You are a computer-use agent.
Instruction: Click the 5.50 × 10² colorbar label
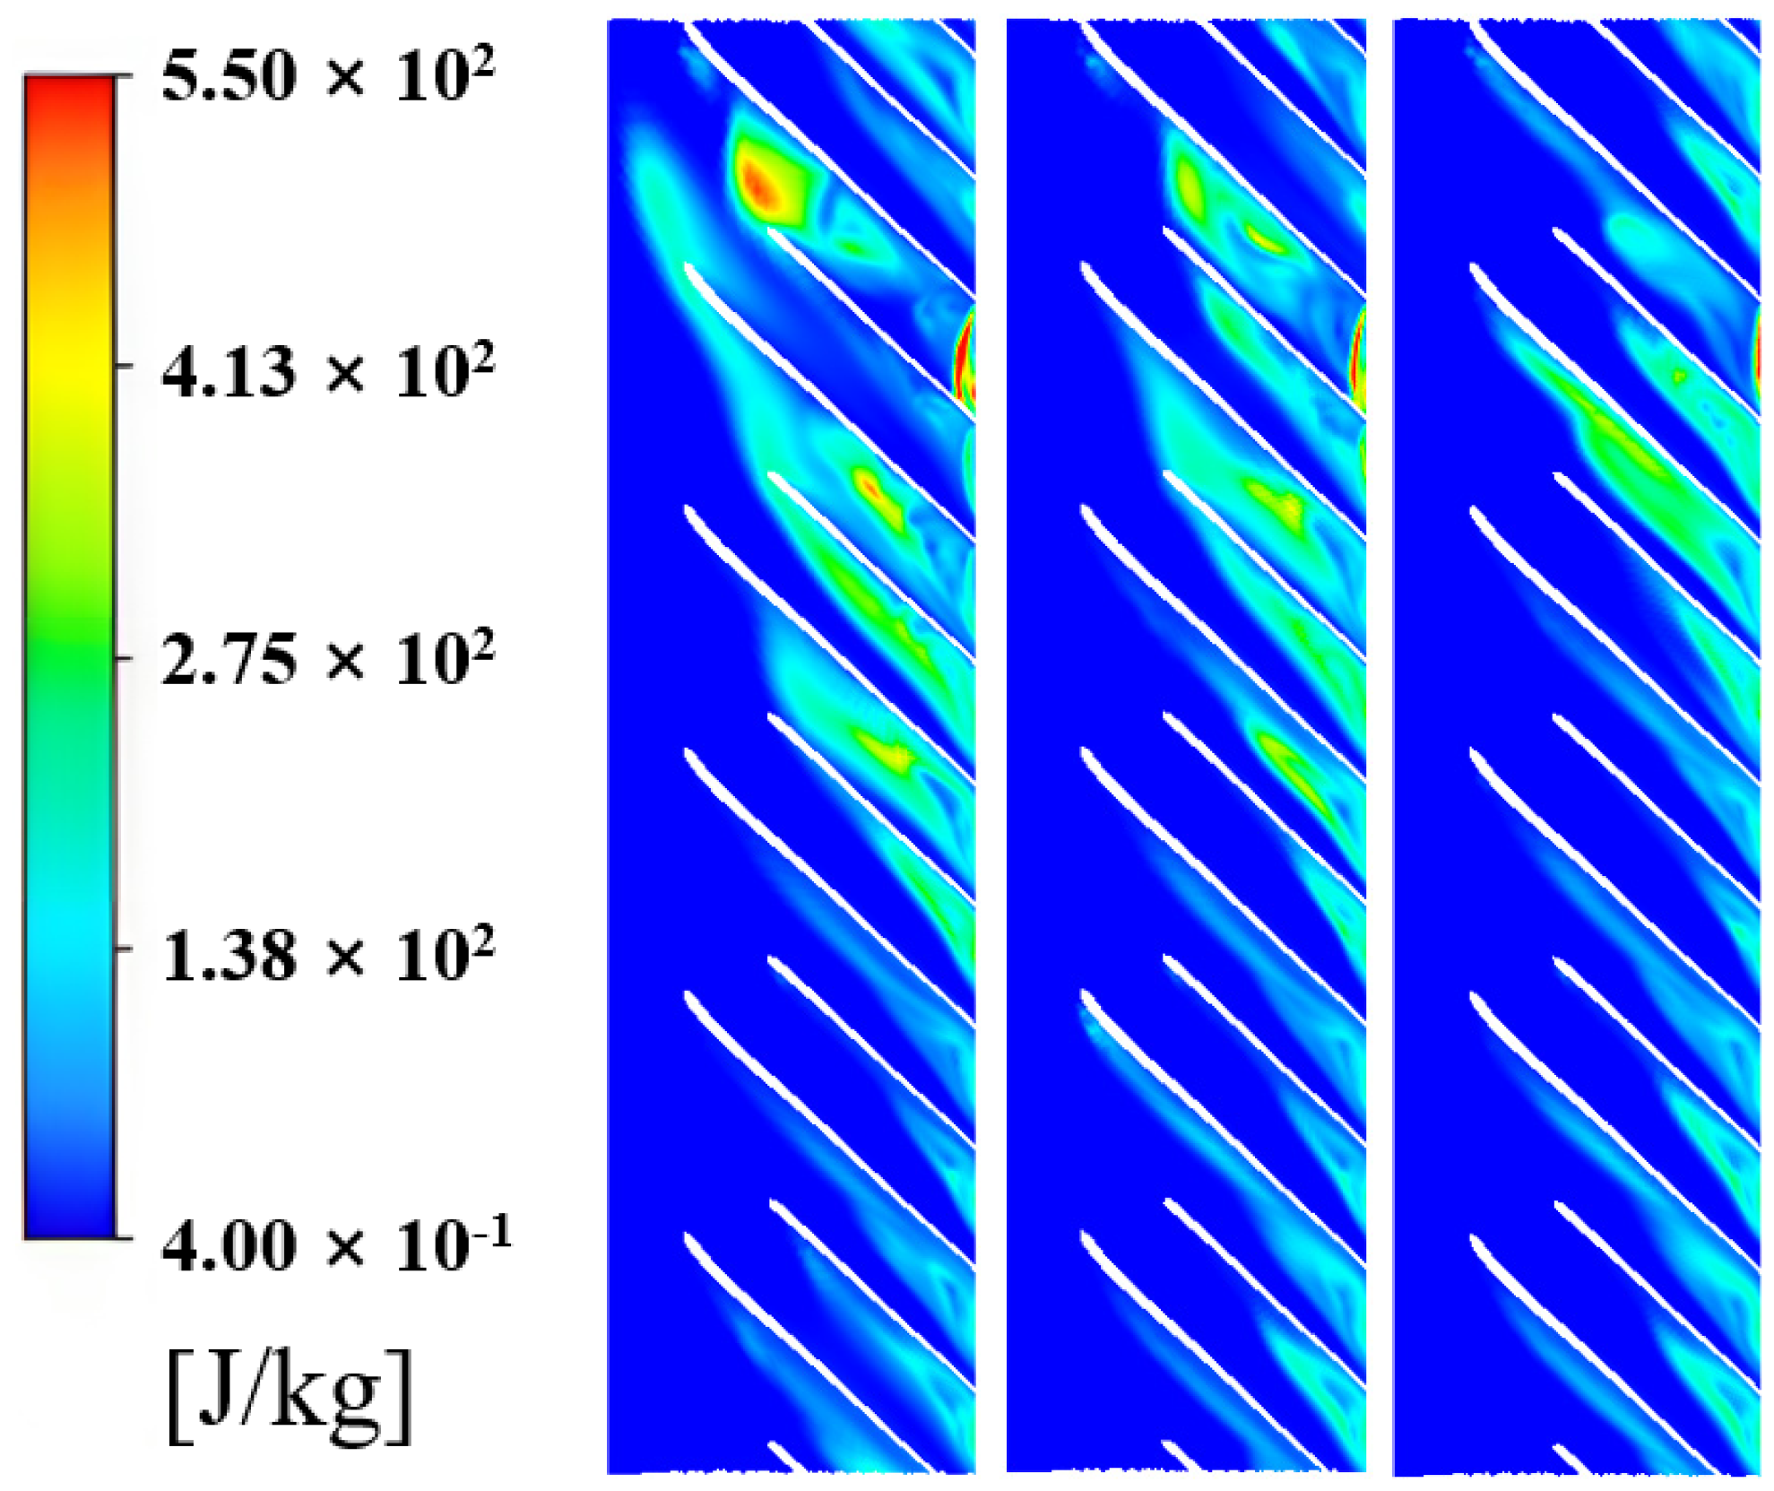[x=327, y=77]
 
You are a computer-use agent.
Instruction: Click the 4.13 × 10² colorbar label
[x=327, y=369]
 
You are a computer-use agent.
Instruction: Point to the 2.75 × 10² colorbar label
[x=327, y=659]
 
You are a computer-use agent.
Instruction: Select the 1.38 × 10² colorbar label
[x=327, y=955]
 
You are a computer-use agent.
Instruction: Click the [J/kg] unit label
[x=290, y=1400]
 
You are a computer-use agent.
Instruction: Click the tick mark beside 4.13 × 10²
[x=125, y=365]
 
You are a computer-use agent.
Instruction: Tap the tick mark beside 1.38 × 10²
[x=125, y=948]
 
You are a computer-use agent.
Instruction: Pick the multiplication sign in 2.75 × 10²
[x=345, y=663]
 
